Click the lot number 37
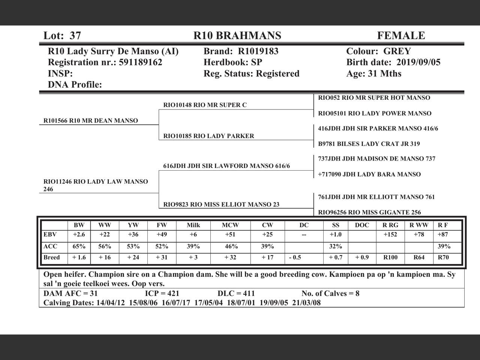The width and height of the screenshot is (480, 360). [x=75, y=36]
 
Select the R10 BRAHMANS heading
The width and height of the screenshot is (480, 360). [x=237, y=36]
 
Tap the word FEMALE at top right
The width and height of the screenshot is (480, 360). [x=401, y=36]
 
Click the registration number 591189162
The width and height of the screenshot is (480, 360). [x=141, y=62]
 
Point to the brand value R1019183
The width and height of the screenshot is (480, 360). [x=258, y=51]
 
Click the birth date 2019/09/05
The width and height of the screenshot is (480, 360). [x=418, y=62]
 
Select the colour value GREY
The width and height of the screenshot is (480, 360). [x=397, y=51]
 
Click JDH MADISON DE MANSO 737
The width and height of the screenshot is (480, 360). [x=376, y=159]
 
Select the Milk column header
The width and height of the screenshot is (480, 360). [x=193, y=225]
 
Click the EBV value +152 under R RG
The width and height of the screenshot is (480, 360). [x=390, y=235]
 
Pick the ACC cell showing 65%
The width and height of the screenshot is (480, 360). [x=79, y=247]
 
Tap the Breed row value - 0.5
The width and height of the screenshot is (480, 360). [x=295, y=258]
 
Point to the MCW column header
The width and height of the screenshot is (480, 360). [x=231, y=225]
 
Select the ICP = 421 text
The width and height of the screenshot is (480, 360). [x=162, y=294]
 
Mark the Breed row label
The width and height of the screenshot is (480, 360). [x=52, y=258]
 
